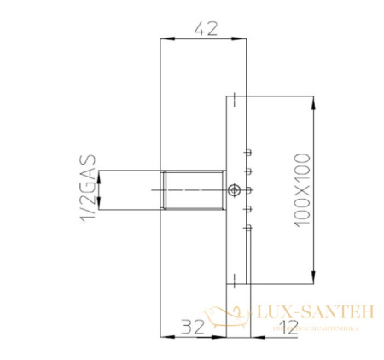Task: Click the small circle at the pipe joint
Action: point(234,189)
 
